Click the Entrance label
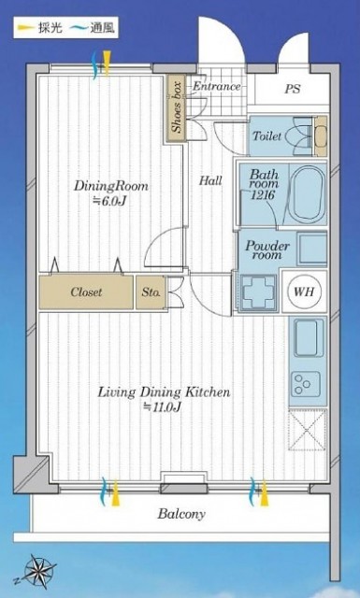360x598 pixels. click(x=216, y=87)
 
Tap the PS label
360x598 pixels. click(x=293, y=90)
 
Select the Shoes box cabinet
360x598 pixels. click(x=176, y=108)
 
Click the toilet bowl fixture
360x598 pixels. click(x=301, y=135)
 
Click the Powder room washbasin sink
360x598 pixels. click(x=312, y=249)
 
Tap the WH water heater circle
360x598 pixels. click(x=304, y=292)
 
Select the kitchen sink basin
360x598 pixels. click(x=307, y=338)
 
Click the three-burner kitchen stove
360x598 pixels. click(x=306, y=384)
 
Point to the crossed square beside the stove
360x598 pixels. click(x=308, y=430)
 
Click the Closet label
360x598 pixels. click(x=86, y=292)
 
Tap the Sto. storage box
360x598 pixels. click(x=151, y=292)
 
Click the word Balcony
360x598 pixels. click(x=181, y=514)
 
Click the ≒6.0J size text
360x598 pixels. click(x=109, y=201)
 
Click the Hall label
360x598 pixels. click(x=210, y=180)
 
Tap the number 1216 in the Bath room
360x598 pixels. click(x=263, y=195)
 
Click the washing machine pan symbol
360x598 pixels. click(x=259, y=292)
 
